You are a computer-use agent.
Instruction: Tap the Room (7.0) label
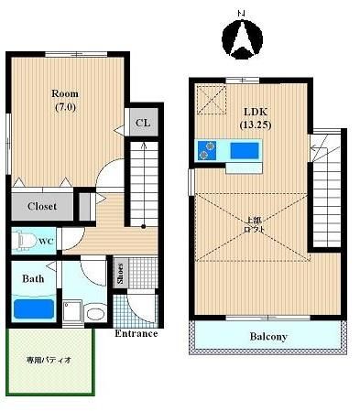click(x=65, y=100)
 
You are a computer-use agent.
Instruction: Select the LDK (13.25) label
click(x=256, y=118)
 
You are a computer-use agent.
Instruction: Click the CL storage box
click(x=144, y=122)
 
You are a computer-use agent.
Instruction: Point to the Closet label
click(x=42, y=206)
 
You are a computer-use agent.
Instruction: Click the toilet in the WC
click(x=26, y=241)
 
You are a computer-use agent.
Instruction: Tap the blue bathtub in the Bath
click(x=34, y=308)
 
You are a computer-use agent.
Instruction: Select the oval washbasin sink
click(x=95, y=313)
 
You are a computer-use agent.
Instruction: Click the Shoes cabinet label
click(x=121, y=273)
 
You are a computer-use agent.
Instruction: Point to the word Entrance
click(x=136, y=333)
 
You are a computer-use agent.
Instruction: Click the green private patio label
click(x=49, y=360)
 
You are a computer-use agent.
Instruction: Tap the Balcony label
click(x=268, y=337)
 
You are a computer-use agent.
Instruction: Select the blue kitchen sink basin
click(x=245, y=151)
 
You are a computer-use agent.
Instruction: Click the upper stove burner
click(x=211, y=146)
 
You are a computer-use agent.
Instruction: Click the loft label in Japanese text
click(x=254, y=224)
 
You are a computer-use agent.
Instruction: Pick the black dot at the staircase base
click(x=143, y=226)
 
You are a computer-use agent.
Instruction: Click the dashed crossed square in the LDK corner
click(x=212, y=100)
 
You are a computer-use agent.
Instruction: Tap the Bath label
click(x=33, y=278)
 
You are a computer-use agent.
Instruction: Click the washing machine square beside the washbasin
click(x=72, y=311)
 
